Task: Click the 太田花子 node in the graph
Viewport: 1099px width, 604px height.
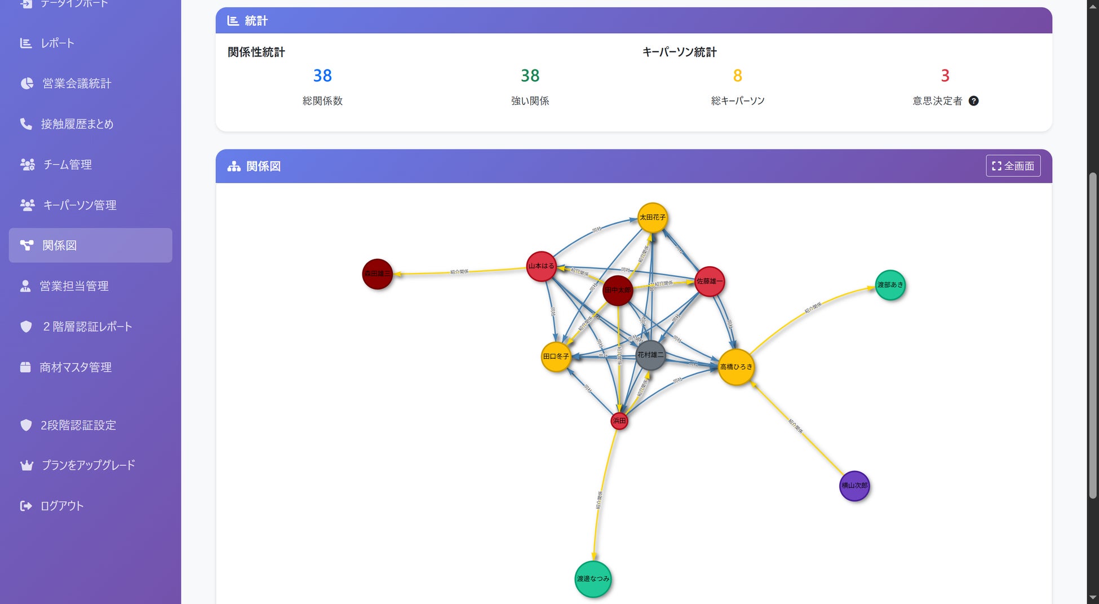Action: click(652, 218)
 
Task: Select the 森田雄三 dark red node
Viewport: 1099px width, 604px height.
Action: click(377, 274)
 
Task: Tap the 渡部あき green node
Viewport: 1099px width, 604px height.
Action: click(890, 285)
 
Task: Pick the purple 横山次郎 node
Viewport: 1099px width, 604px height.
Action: click(854, 486)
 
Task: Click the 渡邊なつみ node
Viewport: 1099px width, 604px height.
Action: click(593, 579)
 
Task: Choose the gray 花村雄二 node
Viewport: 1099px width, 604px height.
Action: click(650, 355)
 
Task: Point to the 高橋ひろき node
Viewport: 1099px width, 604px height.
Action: click(735, 367)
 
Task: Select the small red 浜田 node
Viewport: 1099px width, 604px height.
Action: click(619, 421)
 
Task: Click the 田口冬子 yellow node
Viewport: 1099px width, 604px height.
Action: click(556, 357)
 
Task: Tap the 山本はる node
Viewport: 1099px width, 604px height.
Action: click(541, 266)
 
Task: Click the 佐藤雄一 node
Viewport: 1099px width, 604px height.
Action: click(709, 281)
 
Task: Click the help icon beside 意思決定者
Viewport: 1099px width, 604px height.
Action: click(973, 101)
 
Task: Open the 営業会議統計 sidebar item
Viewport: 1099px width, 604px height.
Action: click(77, 83)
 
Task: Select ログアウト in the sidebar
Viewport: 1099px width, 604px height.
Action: click(62, 506)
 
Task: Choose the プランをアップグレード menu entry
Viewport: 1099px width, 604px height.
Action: click(88, 465)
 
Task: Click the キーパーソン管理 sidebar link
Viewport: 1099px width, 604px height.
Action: click(79, 205)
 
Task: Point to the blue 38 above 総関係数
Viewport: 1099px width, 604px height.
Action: click(322, 76)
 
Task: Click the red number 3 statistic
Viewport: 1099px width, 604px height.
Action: click(945, 76)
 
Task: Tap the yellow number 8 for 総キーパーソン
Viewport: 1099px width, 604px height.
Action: click(737, 76)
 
